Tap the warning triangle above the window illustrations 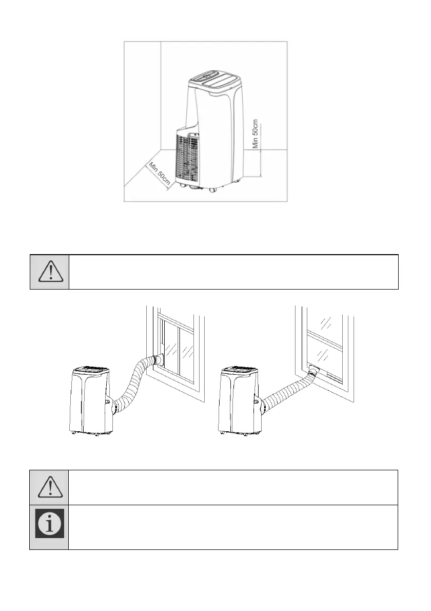[50, 272]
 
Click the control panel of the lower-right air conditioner [239, 370]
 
